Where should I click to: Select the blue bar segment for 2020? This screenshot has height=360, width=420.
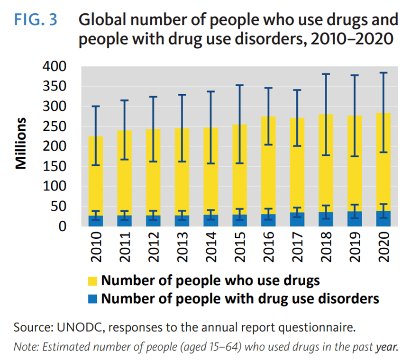(x=383, y=219)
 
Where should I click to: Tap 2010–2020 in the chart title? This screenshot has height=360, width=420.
(x=350, y=39)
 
